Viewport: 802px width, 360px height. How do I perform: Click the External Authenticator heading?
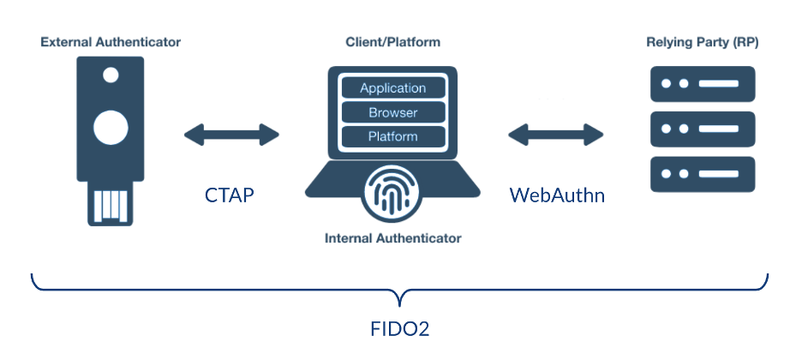point(111,41)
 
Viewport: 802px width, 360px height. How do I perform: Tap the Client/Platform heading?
point(393,41)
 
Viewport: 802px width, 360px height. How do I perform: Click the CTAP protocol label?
point(229,195)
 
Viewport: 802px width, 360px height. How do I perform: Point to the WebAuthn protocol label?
point(557,195)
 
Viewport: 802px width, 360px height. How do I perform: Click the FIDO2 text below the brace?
point(401,329)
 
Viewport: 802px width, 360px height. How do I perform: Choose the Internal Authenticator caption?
point(393,237)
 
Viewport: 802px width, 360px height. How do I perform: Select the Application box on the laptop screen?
point(393,88)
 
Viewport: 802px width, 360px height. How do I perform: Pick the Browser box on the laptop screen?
point(393,112)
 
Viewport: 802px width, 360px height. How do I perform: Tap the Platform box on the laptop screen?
point(393,136)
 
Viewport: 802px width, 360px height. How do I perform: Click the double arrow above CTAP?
point(231,134)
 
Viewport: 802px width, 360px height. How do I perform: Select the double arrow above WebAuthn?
point(556,134)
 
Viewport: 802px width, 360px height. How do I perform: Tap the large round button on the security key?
point(111,129)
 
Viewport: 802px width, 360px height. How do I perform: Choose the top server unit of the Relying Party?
point(702,84)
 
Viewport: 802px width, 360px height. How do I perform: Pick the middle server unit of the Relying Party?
point(702,129)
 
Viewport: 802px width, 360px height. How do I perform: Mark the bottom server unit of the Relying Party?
point(702,175)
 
